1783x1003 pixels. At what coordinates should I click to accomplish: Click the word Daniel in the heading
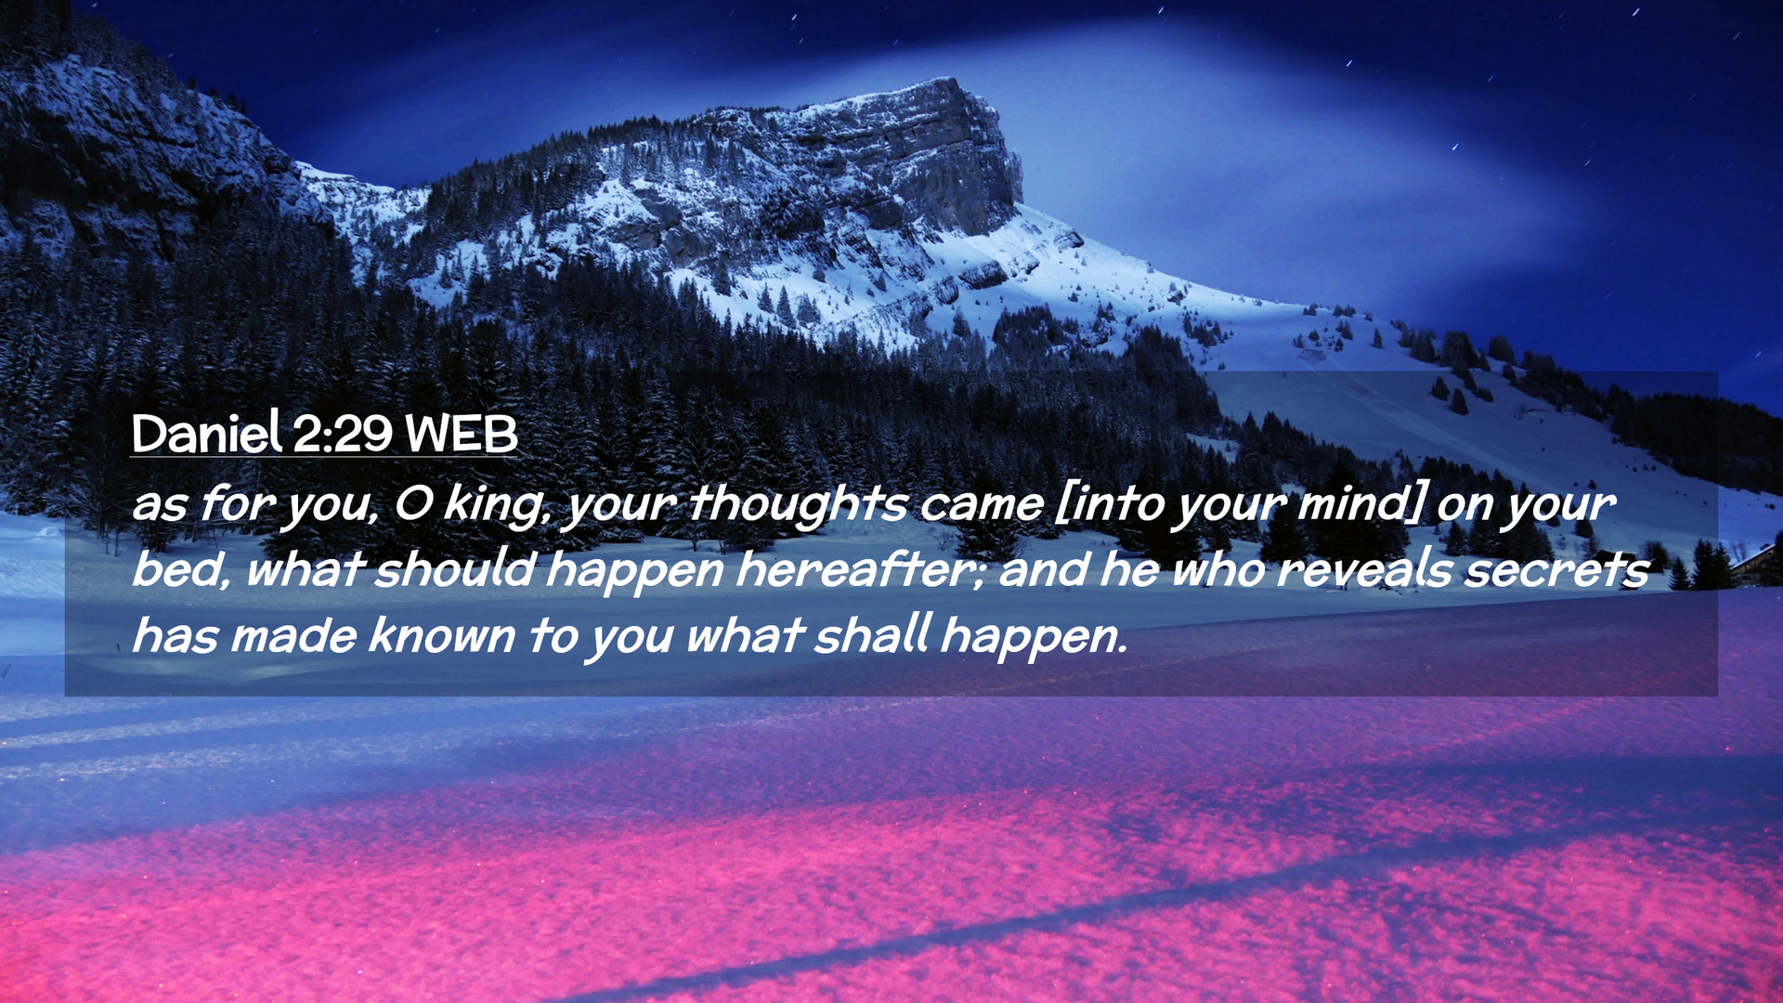click(206, 433)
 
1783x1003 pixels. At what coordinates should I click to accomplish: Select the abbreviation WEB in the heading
click(462, 434)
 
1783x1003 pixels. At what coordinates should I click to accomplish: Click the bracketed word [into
click(1111, 503)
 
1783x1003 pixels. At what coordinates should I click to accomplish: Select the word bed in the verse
click(180, 569)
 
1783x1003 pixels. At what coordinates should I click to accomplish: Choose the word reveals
click(1364, 569)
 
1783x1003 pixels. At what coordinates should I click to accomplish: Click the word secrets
click(1557, 570)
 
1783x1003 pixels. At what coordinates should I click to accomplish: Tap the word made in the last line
click(293, 636)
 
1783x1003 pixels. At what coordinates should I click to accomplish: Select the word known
click(441, 636)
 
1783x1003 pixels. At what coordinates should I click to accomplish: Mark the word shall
click(872, 635)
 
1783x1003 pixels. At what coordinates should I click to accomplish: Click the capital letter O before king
click(412, 504)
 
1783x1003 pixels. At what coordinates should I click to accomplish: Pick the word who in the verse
click(1218, 569)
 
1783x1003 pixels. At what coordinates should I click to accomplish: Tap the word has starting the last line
click(175, 636)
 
